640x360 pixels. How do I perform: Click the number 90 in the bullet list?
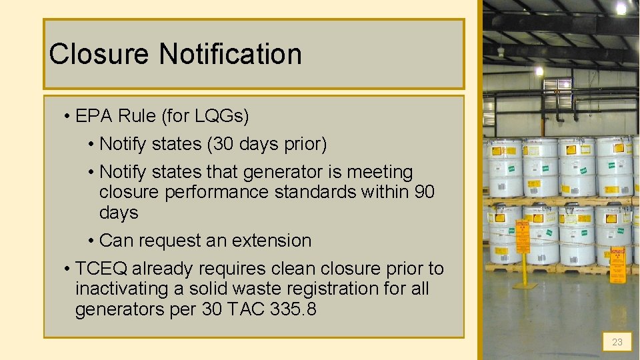click(x=424, y=192)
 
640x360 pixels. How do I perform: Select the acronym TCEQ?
click(x=101, y=269)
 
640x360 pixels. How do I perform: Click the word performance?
click(x=209, y=192)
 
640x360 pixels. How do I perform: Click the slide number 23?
click(x=617, y=342)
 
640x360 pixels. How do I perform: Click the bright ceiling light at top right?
click(x=621, y=8)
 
